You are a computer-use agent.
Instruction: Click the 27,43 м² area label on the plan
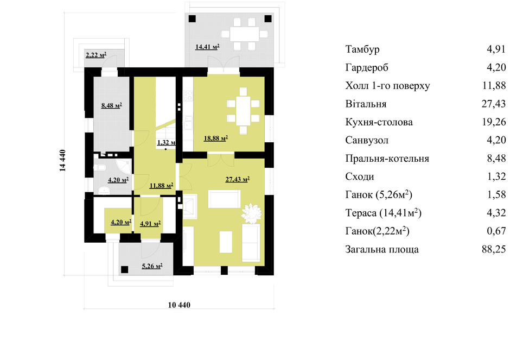click(x=238, y=179)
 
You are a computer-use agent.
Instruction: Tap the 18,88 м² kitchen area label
click(x=215, y=138)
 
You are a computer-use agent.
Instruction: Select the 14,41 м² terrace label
click(x=207, y=47)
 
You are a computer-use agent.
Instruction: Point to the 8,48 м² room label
click(x=112, y=105)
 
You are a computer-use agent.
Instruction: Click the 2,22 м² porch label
click(x=96, y=55)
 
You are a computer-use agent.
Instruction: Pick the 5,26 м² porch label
click(x=152, y=266)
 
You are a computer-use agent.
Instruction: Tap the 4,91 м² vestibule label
click(x=150, y=224)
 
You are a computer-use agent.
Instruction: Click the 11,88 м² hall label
click(x=161, y=186)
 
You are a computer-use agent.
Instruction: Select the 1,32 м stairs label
click(x=167, y=142)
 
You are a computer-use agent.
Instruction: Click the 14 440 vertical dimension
click(x=63, y=160)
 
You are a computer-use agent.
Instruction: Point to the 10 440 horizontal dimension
click(x=179, y=305)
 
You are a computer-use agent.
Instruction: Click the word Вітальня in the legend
click(x=366, y=104)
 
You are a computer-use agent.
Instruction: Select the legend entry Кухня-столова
click(x=379, y=122)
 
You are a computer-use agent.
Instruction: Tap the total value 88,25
click(x=494, y=249)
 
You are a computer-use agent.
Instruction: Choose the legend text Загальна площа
click(x=382, y=250)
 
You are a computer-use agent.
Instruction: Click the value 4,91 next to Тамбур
click(x=496, y=49)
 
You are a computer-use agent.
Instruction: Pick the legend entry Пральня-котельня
click(x=387, y=159)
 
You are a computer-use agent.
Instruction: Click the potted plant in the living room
click(x=251, y=213)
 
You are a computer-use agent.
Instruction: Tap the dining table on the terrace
click(x=245, y=34)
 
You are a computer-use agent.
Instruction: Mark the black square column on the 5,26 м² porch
click(x=124, y=269)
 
